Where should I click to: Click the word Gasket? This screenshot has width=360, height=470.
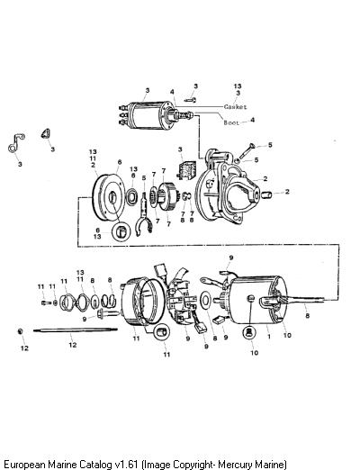(236, 107)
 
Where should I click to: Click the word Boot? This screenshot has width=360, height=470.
(231, 122)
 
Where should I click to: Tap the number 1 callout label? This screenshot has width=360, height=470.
(269, 337)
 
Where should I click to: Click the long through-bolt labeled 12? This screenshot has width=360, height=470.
(76, 330)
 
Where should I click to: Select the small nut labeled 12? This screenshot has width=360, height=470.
(20, 331)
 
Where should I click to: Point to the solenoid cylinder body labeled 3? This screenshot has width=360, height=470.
(146, 115)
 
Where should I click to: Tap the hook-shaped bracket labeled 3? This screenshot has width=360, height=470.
(16, 143)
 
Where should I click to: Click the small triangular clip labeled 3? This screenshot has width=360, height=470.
(46, 133)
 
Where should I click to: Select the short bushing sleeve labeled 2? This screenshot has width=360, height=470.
(266, 194)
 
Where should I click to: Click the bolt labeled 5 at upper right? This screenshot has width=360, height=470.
(247, 152)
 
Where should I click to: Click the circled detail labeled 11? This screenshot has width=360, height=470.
(162, 332)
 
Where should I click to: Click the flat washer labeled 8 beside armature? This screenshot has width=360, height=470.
(206, 300)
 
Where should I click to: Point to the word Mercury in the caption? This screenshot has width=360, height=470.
(236, 465)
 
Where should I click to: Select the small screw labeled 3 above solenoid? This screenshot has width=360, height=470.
(191, 100)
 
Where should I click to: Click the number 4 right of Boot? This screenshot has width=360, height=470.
(253, 120)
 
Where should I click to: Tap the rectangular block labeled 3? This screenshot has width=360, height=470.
(186, 170)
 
